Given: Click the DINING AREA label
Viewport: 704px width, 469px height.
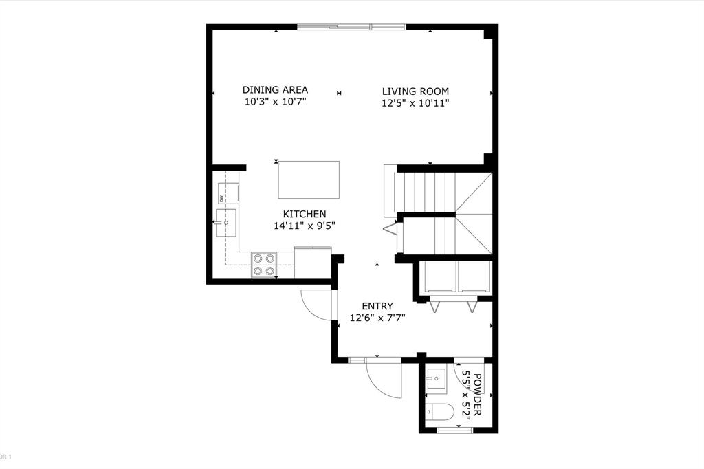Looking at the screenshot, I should point(275,90).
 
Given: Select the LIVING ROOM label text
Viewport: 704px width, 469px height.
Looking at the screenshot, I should point(415,91).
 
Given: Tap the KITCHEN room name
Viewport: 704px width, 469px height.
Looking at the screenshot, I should point(304,214).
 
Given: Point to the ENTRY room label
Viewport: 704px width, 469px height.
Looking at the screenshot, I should point(377,306).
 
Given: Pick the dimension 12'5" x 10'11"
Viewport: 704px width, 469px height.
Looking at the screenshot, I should point(415,104).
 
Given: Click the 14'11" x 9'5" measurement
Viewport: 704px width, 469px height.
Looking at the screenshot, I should point(304,226).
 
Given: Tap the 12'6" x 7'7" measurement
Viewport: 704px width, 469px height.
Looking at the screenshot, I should point(377,318).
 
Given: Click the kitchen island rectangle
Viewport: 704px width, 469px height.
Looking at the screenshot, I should point(309,179).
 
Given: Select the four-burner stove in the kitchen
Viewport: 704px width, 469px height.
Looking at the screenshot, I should point(264,265).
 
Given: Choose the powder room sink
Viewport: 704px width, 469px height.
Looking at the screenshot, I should point(436,378).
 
